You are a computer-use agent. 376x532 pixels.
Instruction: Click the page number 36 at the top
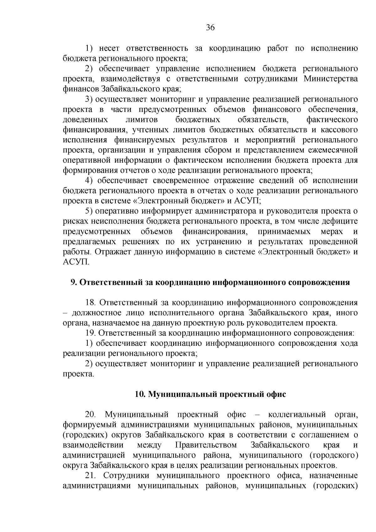click(210, 28)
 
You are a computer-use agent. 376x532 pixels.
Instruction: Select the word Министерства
click(331, 79)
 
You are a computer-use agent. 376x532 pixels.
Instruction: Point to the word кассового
click(340, 130)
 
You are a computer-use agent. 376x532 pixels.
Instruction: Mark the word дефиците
click(341, 222)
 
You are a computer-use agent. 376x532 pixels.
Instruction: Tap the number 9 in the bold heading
click(73, 282)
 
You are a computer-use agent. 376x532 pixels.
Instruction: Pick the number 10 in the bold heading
click(139, 394)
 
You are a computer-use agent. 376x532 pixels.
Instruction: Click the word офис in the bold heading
click(277, 394)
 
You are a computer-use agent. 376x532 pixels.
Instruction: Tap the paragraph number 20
click(91, 415)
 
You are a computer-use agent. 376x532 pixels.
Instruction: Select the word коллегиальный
click(297, 415)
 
